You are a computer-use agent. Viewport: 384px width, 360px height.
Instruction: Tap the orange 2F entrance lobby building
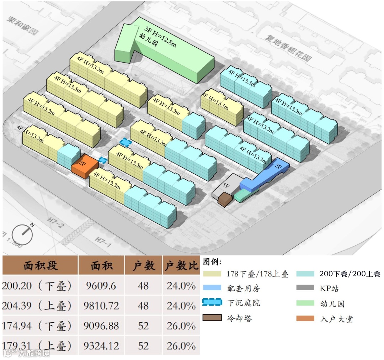[x=85, y=167]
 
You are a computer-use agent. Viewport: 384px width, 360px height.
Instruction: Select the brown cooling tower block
[x=225, y=199]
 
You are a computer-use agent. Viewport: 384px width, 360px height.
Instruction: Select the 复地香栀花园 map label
[x=288, y=48]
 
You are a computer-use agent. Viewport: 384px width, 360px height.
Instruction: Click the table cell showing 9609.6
[x=101, y=286]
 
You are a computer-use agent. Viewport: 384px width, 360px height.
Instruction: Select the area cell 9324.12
[x=101, y=346]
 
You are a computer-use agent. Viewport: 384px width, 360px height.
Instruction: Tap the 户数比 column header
[x=181, y=265]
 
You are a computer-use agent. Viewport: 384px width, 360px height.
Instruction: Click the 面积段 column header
[x=41, y=265]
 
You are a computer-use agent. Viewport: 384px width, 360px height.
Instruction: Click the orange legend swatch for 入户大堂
[x=305, y=318]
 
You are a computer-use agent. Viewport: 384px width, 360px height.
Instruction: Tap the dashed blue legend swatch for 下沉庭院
[x=212, y=303]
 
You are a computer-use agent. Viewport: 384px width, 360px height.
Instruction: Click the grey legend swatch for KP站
[x=305, y=288]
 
